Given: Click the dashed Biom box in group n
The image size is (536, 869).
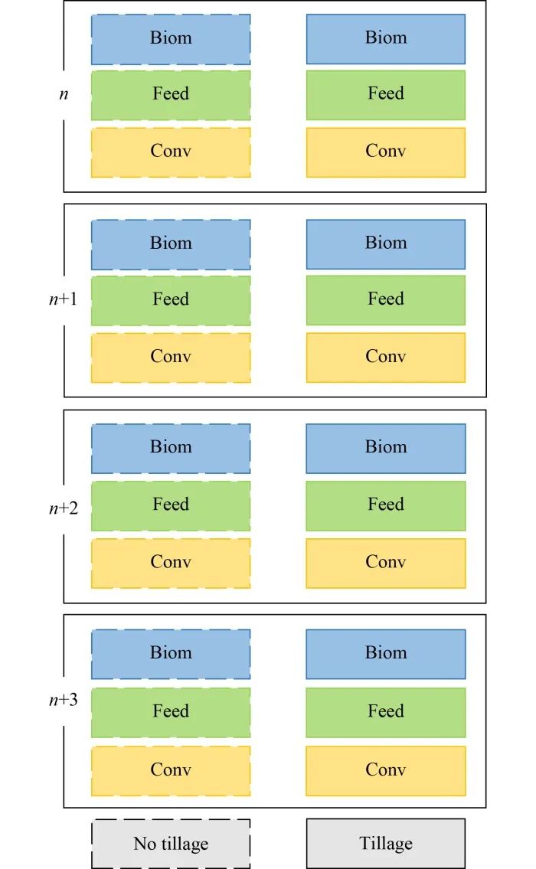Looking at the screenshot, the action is [171, 39].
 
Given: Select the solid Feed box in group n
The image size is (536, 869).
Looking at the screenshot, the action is [386, 95].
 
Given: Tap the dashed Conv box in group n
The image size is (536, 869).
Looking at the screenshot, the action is [171, 152].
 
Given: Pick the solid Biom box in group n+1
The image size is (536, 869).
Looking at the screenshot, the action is [386, 244].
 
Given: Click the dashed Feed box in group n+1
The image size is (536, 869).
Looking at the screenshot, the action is [171, 300].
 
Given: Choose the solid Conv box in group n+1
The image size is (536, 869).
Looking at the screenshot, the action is [386, 358].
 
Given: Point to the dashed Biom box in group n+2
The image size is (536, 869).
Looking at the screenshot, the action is [171, 449].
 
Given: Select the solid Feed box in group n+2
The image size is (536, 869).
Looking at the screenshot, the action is [386, 506].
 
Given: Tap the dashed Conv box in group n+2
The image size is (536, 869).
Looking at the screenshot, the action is [171, 563].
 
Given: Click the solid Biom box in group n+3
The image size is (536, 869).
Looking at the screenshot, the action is [386, 654].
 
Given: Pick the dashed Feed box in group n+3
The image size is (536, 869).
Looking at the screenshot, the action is [171, 712].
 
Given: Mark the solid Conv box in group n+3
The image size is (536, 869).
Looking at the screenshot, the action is [386, 771].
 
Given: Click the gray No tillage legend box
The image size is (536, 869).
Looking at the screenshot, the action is [171, 844].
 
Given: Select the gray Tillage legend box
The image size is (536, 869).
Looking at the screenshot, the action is [386, 843].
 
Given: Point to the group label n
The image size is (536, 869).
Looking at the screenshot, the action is [64, 94].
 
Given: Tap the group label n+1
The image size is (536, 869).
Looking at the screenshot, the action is [64, 299].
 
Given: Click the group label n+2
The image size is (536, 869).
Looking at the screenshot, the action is [64, 508].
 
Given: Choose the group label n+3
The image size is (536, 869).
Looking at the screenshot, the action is [64, 700].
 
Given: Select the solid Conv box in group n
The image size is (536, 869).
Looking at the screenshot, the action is [386, 152].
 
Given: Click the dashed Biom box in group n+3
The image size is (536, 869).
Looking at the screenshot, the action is [171, 654].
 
